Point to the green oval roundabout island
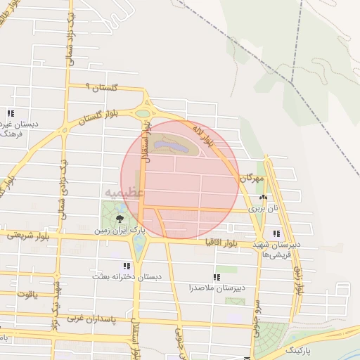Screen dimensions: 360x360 (x=143, y=112)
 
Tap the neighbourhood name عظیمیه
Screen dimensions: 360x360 (x=124, y=191)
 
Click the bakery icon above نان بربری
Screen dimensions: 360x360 (x=264, y=199)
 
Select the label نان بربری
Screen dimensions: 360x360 (x=266, y=210)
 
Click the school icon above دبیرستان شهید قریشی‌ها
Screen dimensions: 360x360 (x=276, y=233)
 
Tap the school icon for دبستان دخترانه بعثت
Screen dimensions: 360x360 (x=127, y=266)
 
